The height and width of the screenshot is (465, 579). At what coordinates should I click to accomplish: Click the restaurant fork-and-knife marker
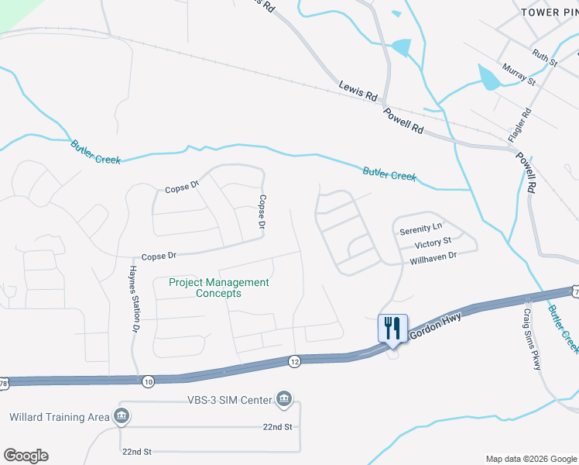coord(392,329)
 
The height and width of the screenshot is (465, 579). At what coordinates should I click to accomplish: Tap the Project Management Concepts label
coord(219,288)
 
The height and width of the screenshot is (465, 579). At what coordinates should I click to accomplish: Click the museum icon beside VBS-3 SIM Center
coord(285,399)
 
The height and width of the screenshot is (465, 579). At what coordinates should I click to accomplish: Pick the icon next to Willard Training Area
coord(121,417)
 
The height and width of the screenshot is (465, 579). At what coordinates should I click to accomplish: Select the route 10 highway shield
coord(148,380)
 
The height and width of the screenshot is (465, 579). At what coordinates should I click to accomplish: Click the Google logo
coord(26,456)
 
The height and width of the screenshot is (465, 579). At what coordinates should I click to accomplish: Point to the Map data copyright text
coord(531,458)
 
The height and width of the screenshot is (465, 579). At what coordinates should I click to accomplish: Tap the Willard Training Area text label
coord(60,417)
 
